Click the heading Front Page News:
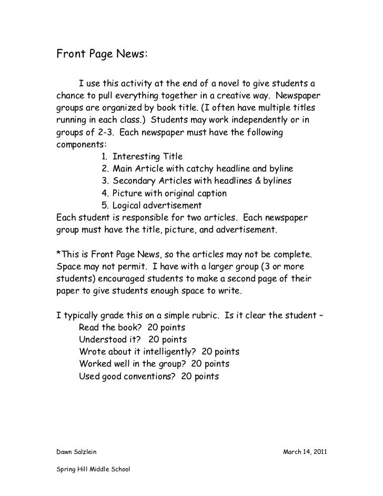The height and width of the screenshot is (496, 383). [102, 54]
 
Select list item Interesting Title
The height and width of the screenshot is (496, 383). [147, 157]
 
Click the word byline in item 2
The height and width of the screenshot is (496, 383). [279, 169]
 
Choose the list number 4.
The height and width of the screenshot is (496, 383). [103, 193]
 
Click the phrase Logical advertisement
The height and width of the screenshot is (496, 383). [157, 205]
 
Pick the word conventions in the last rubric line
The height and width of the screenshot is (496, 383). [147, 377]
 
